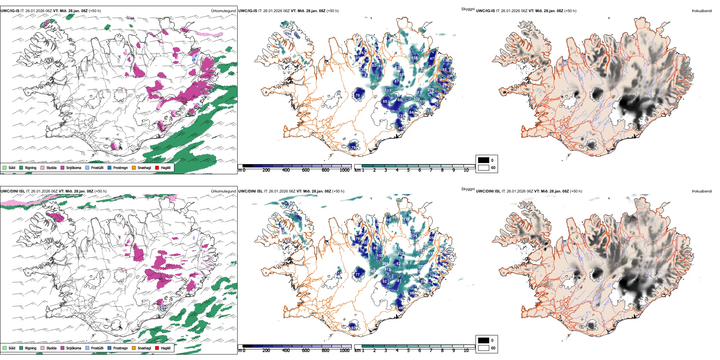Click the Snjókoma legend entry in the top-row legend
point(73,167)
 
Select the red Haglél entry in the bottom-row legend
point(166,348)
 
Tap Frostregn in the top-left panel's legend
point(120,167)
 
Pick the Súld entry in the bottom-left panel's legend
point(11,348)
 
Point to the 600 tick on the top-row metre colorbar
point(306,170)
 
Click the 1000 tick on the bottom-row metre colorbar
point(344,351)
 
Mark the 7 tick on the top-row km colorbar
point(431,170)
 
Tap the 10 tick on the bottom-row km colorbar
point(466,351)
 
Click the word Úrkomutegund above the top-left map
point(223,11)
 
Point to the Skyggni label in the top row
point(468,9)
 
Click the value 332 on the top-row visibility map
point(416,99)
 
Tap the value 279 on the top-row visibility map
point(431,90)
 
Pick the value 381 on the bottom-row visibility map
point(385,264)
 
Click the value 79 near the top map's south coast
point(353,148)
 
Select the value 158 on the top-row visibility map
point(415,58)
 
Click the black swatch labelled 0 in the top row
point(484,160)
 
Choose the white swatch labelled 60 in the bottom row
point(484,348)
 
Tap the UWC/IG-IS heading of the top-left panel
point(10,11)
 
